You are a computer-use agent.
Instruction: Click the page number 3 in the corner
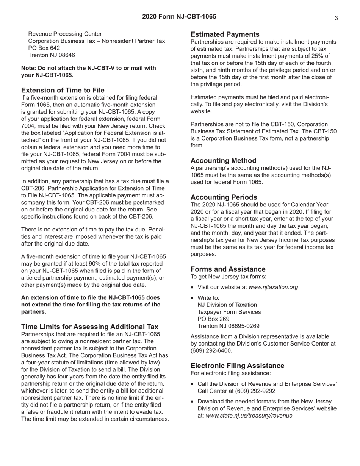336,18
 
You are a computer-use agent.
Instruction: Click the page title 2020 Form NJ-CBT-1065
179,17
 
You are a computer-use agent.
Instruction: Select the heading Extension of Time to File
63,90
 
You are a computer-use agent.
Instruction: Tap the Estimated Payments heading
225,34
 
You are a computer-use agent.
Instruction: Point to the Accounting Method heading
223,161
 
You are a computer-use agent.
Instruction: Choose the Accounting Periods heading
224,197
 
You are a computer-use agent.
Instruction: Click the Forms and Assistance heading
228,269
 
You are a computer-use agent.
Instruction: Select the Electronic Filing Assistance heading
237,366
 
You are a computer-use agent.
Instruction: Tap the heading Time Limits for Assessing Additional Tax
90,327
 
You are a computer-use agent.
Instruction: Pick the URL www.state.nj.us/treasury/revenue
249,415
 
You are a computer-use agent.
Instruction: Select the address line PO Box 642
44,48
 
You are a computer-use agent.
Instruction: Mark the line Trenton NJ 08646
52,55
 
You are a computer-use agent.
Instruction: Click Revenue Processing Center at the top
65,34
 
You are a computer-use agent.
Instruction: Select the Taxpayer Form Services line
229,312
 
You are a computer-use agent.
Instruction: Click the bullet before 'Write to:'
193,298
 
